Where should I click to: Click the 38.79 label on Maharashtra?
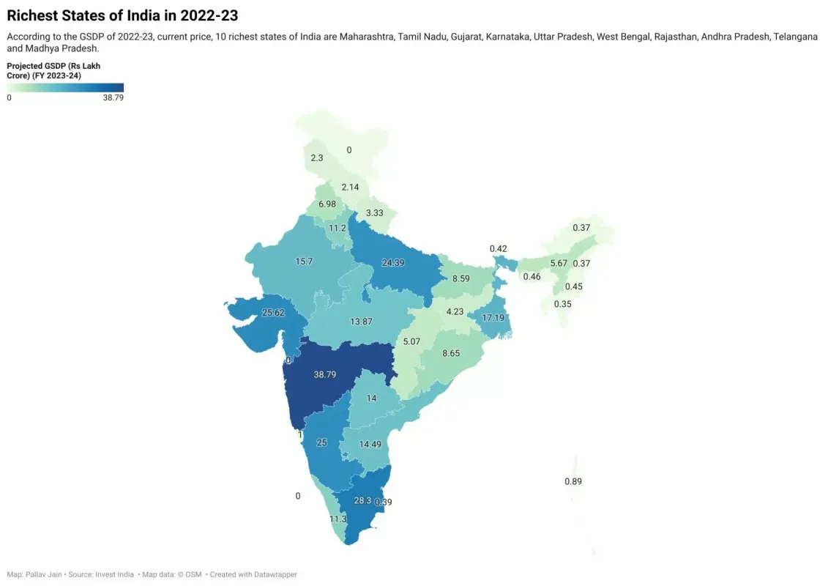click(325, 374)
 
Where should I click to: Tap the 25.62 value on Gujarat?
click(273, 313)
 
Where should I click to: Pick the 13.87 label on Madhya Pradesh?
click(362, 322)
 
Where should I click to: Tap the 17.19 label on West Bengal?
click(493, 318)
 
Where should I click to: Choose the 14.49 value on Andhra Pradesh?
click(370, 444)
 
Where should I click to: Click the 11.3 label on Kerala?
click(338, 519)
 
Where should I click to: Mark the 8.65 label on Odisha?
click(451, 353)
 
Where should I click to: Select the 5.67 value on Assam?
click(559, 264)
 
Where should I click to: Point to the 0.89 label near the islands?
click(573, 481)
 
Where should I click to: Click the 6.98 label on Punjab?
click(327, 204)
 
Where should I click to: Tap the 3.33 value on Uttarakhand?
click(375, 213)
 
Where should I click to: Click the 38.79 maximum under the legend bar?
click(113, 97)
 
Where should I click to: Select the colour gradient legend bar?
click(65, 88)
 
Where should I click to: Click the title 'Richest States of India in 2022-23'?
click(122, 15)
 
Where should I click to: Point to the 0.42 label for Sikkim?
click(499, 249)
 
